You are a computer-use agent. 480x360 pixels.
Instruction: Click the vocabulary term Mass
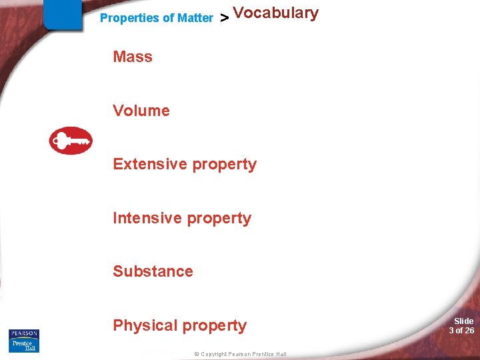point(133,57)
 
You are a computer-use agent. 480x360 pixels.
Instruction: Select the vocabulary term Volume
point(141,111)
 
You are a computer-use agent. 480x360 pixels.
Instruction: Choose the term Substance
point(153,271)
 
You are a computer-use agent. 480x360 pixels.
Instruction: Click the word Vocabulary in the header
point(276,13)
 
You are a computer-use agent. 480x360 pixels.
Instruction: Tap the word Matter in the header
point(195,18)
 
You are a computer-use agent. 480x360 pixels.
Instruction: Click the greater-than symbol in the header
point(225,19)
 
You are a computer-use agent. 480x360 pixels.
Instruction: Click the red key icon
point(71,141)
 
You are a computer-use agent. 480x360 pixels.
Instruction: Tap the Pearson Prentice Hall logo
point(24,340)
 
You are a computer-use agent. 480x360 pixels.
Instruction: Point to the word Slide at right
point(463,321)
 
